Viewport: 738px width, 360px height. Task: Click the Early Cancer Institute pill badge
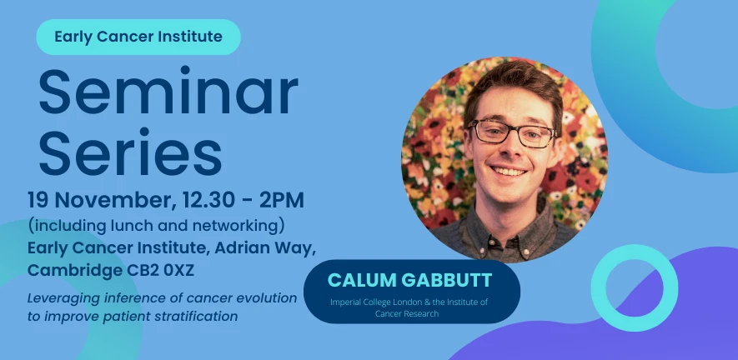click(138, 37)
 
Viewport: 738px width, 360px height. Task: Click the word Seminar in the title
click(168, 93)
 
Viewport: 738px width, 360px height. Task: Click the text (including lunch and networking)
click(157, 225)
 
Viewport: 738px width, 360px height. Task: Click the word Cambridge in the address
click(68, 271)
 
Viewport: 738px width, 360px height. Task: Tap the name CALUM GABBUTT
click(411, 280)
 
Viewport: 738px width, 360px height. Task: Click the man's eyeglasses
click(510, 132)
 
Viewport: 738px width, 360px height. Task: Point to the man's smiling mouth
click(510, 172)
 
